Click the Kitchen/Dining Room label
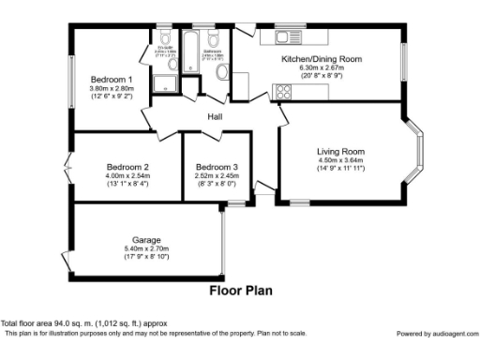point(322,59)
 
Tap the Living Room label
point(339,151)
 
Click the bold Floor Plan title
point(240,291)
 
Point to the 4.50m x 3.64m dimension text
point(339,159)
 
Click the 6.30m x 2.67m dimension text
point(322,67)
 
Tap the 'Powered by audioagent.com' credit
point(435,334)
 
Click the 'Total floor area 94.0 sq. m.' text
point(82,324)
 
